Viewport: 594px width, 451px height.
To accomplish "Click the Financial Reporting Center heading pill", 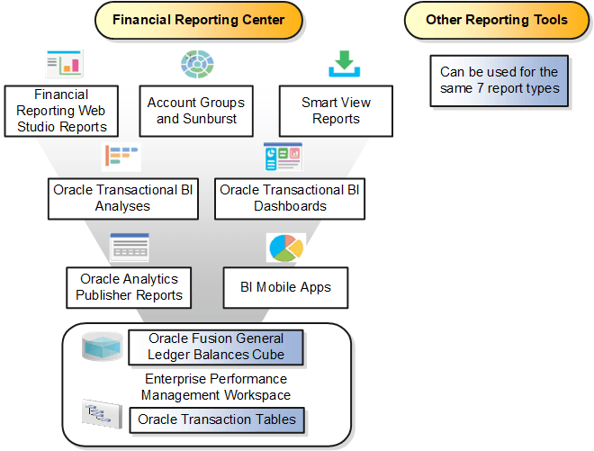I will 199,20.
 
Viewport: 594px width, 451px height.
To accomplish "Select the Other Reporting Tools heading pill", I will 497,20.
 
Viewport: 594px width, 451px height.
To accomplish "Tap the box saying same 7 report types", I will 499,80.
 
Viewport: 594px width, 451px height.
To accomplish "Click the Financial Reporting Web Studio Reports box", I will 61,111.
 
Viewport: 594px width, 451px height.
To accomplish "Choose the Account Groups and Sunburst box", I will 195,110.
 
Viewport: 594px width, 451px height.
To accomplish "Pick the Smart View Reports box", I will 336,110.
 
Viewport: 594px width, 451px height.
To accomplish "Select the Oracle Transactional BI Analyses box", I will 123,198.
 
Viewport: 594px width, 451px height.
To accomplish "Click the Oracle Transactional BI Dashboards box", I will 290,198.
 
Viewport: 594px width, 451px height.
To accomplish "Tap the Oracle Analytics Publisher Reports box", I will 129,287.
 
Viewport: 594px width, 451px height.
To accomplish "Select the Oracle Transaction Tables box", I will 216,419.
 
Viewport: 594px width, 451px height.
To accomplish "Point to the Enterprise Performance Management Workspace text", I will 215,387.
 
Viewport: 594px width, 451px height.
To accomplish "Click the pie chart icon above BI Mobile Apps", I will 286,248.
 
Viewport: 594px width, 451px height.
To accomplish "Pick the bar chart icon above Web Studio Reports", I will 64,64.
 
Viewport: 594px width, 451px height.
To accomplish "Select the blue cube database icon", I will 101,347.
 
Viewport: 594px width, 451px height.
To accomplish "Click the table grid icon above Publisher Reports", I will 129,246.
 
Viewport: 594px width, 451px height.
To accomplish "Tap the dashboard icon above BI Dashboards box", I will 283,157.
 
